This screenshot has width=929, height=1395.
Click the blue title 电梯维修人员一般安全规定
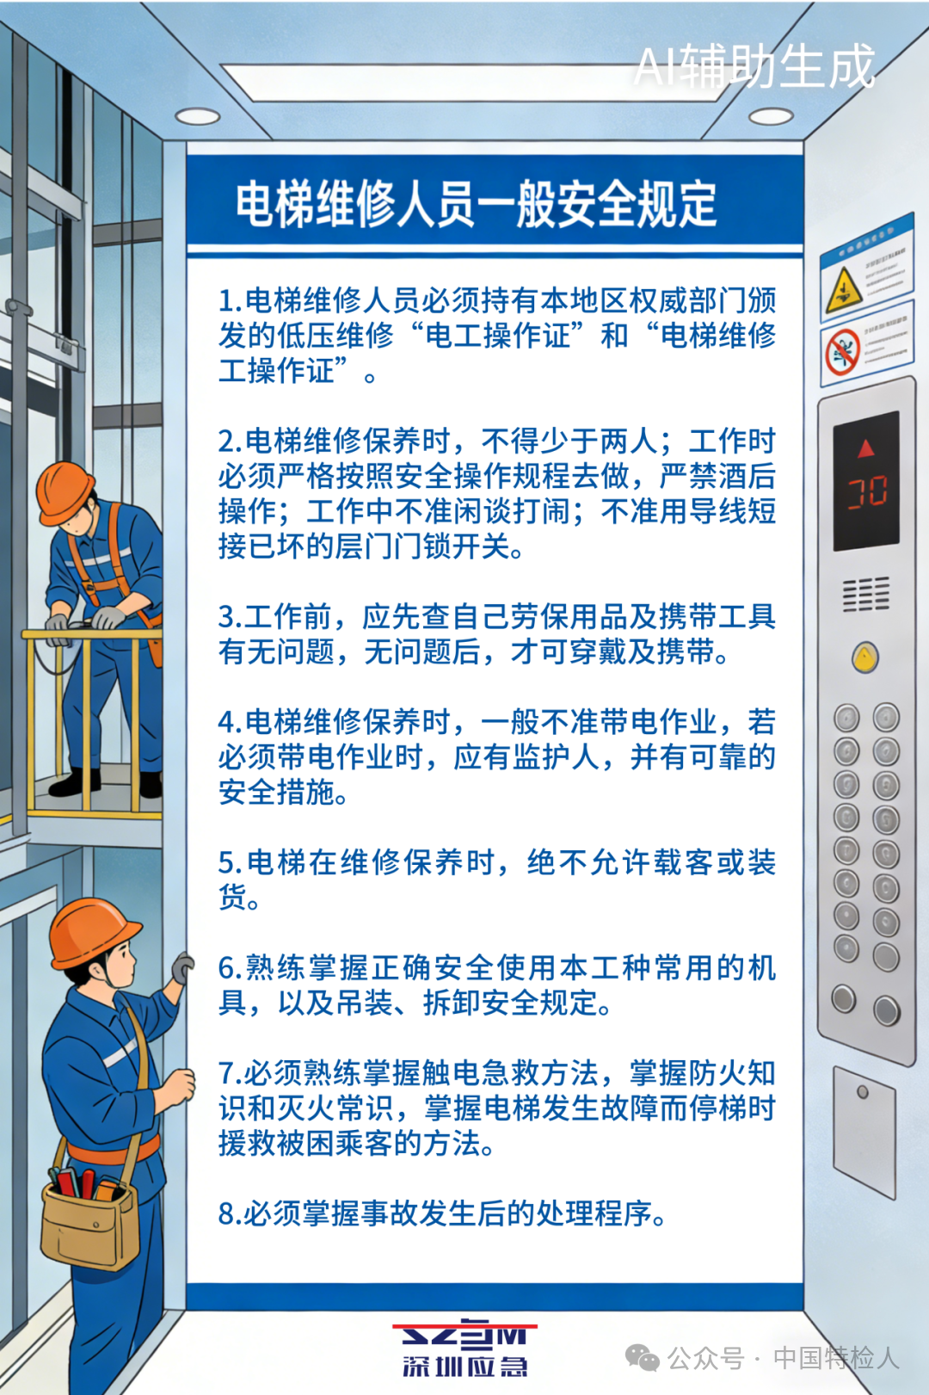(476, 204)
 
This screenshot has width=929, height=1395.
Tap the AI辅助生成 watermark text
(754, 66)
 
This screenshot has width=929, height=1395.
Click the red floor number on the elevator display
(867, 492)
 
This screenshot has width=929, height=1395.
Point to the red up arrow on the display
(865, 448)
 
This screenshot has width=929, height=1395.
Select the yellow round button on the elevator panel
(864, 657)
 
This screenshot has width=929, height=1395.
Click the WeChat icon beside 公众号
(642, 1358)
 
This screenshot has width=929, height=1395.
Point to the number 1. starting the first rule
(230, 301)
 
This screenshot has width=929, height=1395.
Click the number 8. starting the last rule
(230, 1214)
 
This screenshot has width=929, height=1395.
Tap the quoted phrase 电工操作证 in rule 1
(498, 336)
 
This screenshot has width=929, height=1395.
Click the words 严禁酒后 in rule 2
(717, 476)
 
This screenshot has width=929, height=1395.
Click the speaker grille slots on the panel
(865, 594)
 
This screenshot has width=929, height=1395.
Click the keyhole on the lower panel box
(863, 1092)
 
